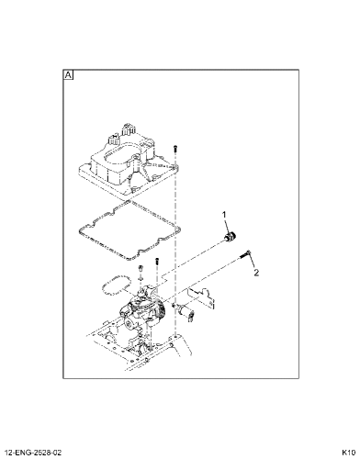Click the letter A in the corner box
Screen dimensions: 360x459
coord(68,75)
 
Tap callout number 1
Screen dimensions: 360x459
coord(224,215)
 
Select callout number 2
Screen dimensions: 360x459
coord(256,273)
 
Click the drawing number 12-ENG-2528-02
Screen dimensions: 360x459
coord(33,453)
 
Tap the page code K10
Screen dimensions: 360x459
coord(348,453)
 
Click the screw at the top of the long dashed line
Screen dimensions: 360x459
coord(175,149)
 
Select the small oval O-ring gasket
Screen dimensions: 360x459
coord(117,285)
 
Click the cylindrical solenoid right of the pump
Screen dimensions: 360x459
coord(186,312)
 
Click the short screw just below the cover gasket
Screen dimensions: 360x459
coord(157,261)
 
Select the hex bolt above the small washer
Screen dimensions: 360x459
coord(141,268)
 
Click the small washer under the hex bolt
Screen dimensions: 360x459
coord(141,278)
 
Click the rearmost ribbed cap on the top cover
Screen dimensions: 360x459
coord(129,129)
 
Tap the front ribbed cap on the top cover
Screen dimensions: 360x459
coord(114,140)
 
